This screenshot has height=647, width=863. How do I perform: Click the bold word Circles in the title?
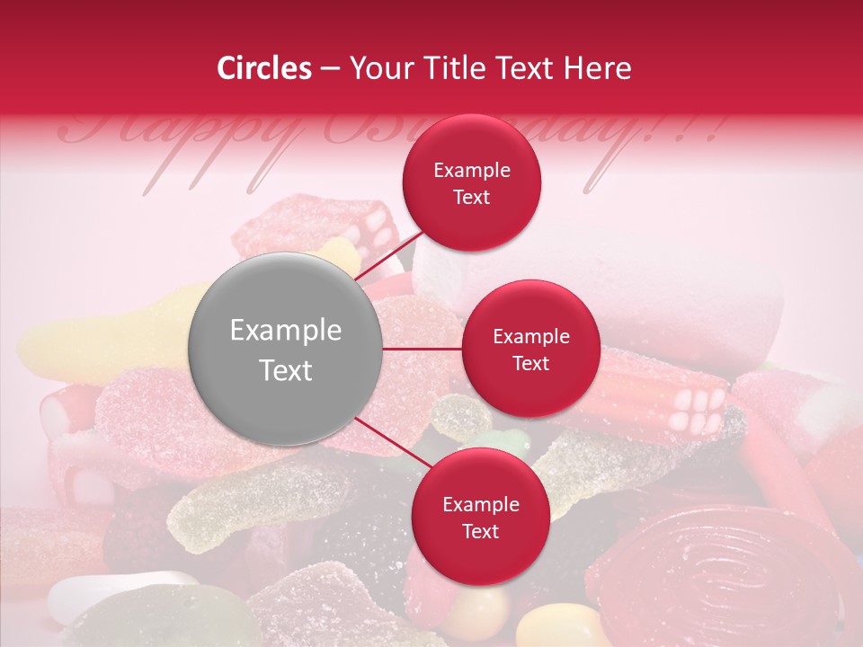[x=264, y=68]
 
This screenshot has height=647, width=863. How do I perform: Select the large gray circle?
[x=285, y=349]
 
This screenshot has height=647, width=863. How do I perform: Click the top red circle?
[x=472, y=182]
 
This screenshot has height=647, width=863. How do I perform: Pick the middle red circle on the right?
[x=530, y=349]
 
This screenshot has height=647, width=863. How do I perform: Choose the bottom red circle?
[x=480, y=517]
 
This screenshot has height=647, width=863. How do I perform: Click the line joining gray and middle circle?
[x=423, y=349]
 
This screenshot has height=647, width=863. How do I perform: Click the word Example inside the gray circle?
[x=286, y=331]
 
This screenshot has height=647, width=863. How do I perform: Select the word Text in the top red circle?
[x=472, y=198]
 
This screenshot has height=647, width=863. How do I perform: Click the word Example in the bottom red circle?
[x=480, y=504]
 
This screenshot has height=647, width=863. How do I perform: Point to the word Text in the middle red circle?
[x=530, y=364]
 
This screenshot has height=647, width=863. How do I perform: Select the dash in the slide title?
[x=330, y=68]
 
